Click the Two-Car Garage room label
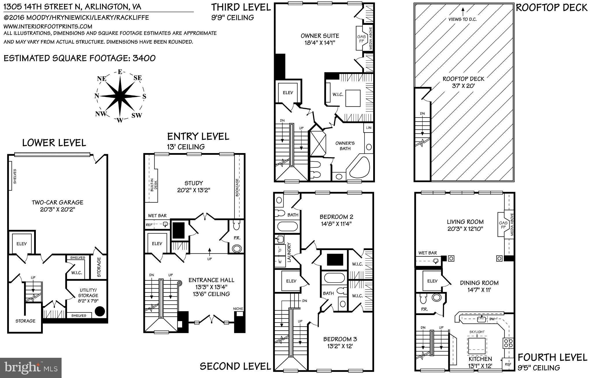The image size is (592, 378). tap(58, 202)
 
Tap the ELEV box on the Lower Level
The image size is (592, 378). tap(21, 244)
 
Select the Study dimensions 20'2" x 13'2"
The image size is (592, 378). tap(194, 190)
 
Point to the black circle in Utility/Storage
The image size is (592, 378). tap(100, 311)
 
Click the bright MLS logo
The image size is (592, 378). tap(31, 368)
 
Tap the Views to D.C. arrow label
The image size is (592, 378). tap(462, 19)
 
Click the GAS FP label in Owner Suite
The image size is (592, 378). tap(361, 39)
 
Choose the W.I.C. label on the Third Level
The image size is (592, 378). tap(338, 94)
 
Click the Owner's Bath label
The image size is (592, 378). tap(345, 146)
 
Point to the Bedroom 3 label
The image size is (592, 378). tap(338, 339)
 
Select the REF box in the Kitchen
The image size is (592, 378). tap(508, 364)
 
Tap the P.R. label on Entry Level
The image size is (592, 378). tap(237, 238)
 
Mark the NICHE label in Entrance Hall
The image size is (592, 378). tap(238, 309)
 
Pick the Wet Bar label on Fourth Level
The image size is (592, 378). tap(428, 253)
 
